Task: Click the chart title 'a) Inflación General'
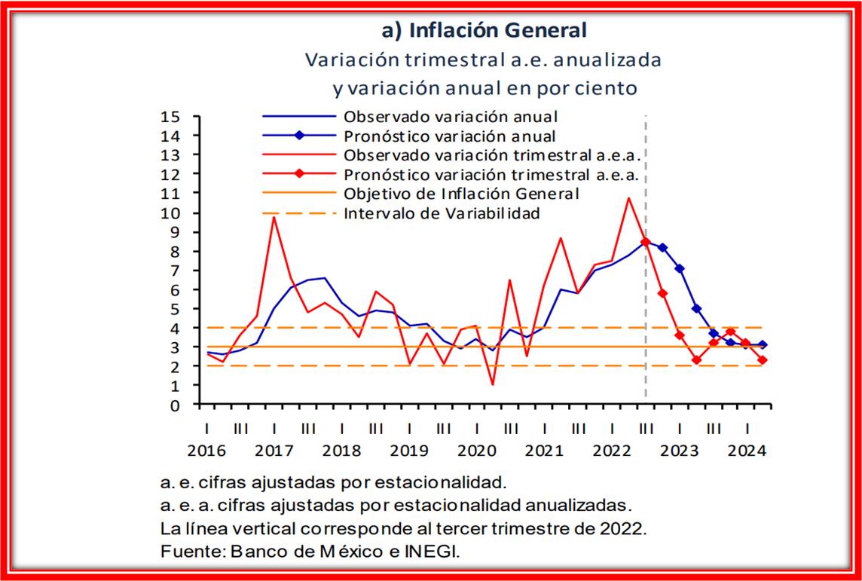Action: point(484,30)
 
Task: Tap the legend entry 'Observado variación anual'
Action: point(450,117)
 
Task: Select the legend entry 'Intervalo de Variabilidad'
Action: point(442,213)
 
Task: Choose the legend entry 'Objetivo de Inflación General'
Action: point(461,194)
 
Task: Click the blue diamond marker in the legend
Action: point(299,136)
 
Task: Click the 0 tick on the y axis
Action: point(176,405)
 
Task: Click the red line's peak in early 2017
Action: point(274,218)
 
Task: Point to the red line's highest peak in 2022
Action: point(628,198)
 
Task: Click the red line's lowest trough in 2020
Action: point(493,384)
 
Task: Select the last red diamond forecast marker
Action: point(763,360)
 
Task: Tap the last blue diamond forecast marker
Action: point(763,344)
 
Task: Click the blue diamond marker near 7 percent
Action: point(679,268)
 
